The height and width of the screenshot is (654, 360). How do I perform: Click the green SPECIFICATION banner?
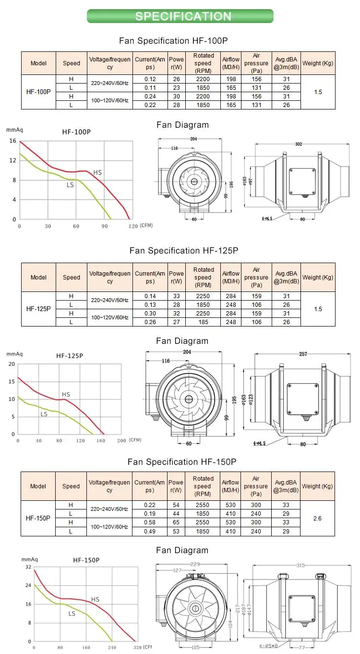click(x=180, y=16)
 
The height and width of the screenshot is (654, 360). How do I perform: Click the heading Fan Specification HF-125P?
click(x=184, y=251)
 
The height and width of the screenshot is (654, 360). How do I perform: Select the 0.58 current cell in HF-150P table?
click(x=149, y=522)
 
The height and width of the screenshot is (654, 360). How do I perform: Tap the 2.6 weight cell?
click(x=317, y=518)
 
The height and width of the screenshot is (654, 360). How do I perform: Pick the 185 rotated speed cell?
click(x=203, y=322)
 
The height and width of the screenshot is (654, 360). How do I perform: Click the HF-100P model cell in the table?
click(x=38, y=92)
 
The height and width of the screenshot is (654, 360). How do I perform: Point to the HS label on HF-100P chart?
click(x=97, y=172)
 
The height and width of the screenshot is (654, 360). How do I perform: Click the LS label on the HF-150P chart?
click(x=72, y=613)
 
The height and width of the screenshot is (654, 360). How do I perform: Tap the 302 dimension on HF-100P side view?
click(x=299, y=144)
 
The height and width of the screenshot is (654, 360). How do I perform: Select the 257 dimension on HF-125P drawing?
click(x=303, y=354)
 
